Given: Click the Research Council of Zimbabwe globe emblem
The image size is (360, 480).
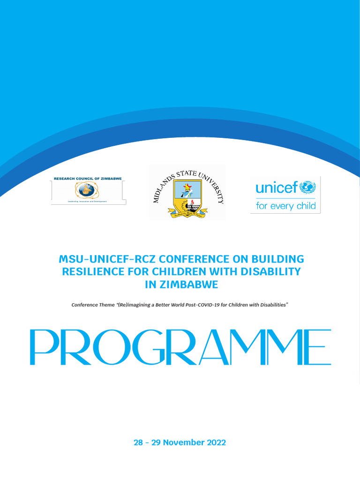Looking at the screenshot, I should click(86, 190).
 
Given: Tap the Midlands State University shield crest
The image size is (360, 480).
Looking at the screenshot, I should click(187, 199).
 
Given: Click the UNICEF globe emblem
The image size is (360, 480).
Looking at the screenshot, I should click(307, 187).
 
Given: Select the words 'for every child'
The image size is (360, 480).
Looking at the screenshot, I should click(285, 206).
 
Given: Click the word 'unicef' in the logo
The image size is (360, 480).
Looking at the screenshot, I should click(276, 188).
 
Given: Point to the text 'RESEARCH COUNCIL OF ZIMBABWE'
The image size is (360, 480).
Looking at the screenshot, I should click(88, 179).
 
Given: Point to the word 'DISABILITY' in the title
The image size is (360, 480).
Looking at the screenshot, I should click(271, 271).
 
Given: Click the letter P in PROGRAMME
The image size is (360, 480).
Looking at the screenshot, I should click(43, 347).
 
